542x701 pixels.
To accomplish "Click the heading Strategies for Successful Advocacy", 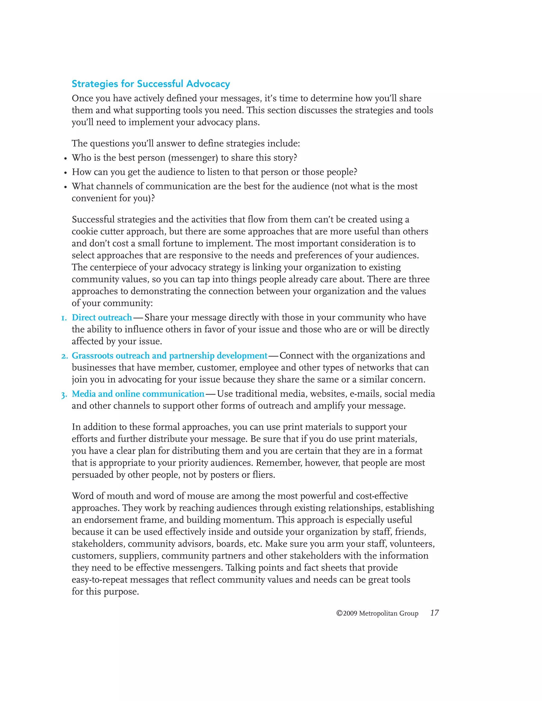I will pyautogui.click(x=151, y=84).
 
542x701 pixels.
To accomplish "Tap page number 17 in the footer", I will pyautogui.click(x=435, y=613).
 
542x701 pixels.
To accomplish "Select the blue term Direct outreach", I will pyautogui.click(x=102, y=317).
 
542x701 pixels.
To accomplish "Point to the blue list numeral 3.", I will pyautogui.click(x=64, y=395).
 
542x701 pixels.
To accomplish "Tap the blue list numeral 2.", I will pyautogui.click(x=64, y=356).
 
